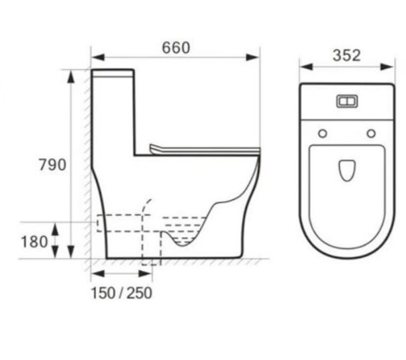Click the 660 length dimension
coord(176,48)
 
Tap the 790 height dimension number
coord(52,165)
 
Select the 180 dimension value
coord(34,242)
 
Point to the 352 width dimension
coord(346,56)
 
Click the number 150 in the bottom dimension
coord(103,293)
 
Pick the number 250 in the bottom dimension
coord(140,293)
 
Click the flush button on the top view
coord(347,101)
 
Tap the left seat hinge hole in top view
coord(322,133)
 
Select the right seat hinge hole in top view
coord(371,133)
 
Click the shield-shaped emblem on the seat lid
coord(347,170)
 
